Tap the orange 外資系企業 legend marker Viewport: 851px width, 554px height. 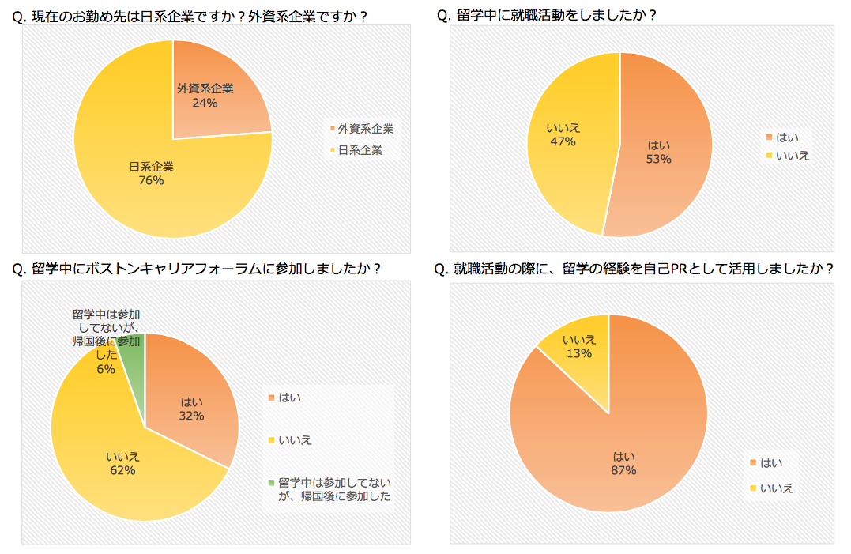(332, 129)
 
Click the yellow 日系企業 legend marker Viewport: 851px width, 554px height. (332, 150)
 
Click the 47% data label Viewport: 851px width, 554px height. (563, 141)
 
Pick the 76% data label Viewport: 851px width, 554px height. (151, 180)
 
